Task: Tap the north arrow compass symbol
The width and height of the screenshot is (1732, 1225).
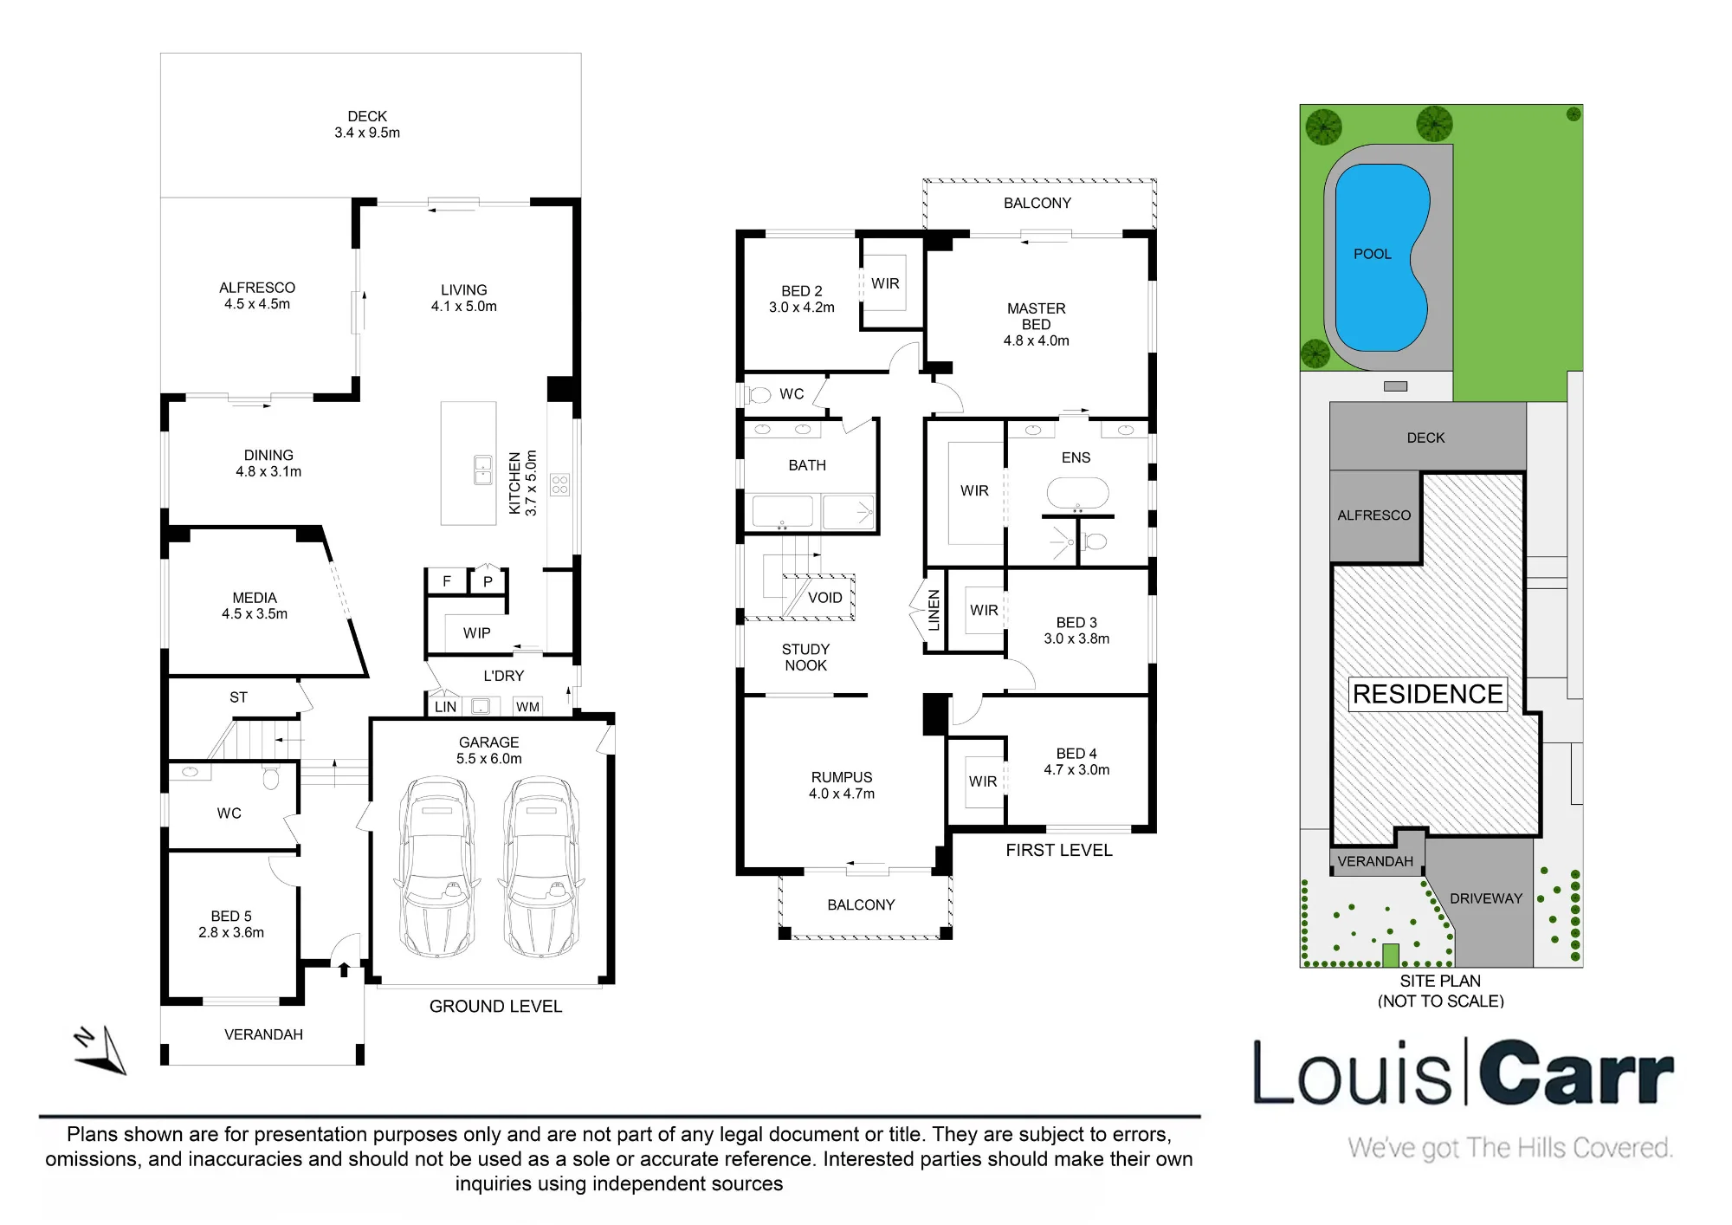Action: point(100,1050)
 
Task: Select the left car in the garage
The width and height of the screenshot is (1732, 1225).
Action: point(436,866)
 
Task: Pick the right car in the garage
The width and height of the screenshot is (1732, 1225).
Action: point(541,866)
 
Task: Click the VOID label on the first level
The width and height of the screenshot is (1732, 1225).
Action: point(824,598)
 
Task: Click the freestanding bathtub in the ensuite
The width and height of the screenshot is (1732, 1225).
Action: point(1077,492)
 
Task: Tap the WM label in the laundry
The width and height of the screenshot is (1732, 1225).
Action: point(527,707)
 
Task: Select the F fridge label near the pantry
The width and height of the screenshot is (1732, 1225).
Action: point(447,581)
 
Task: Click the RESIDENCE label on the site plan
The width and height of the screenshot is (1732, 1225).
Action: point(1428,694)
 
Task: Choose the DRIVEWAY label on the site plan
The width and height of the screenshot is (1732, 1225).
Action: point(1486,898)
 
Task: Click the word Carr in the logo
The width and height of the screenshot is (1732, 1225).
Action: point(1576,1073)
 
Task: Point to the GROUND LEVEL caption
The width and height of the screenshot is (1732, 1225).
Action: point(496,1007)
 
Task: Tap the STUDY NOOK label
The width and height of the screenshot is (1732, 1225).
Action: point(805,658)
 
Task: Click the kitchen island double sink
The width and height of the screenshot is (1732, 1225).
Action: point(483,470)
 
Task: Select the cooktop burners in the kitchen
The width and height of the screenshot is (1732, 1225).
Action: point(560,483)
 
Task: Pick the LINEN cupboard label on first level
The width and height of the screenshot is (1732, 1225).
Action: point(934,610)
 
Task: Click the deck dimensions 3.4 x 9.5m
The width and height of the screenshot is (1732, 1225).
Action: point(367,133)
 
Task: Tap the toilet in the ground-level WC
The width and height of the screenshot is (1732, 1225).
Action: point(271,779)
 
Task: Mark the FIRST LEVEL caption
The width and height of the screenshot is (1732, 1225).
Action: point(1059,850)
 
